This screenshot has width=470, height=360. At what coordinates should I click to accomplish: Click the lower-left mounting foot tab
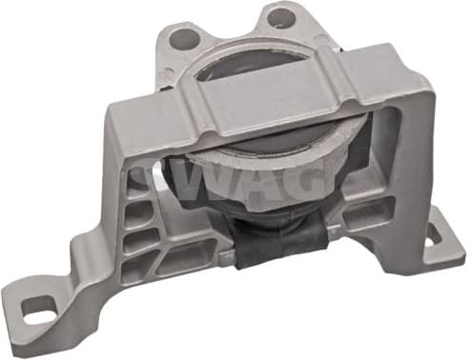click(x=43, y=310)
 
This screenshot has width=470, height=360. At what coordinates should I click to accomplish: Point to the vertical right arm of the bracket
click(x=405, y=162)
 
